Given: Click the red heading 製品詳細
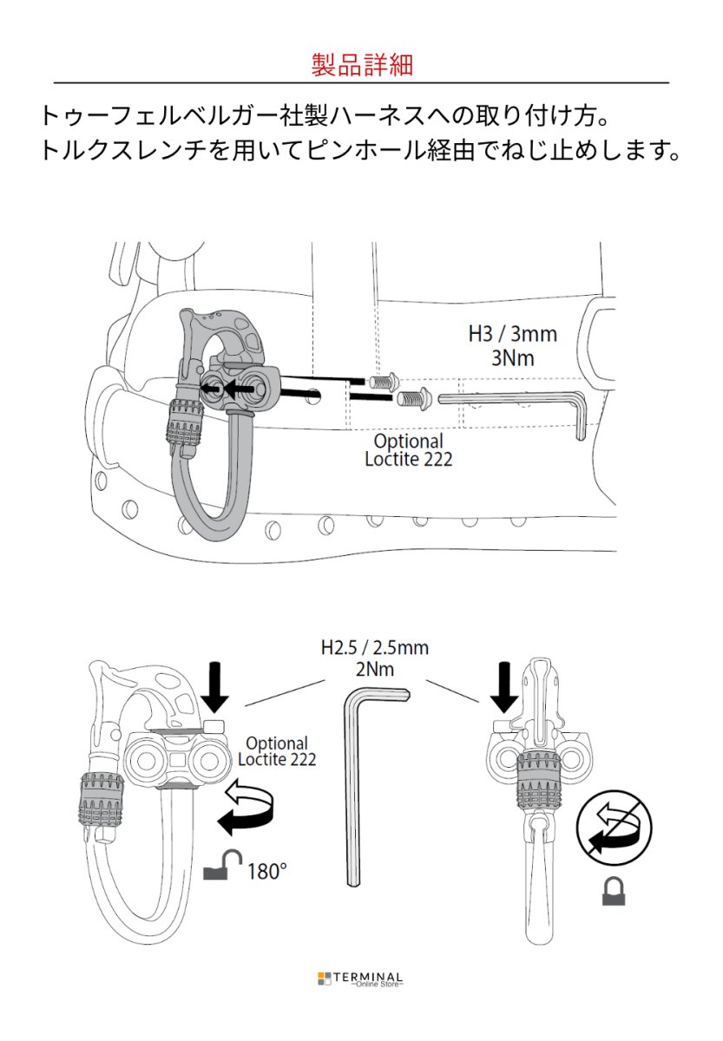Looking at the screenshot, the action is click(362, 64).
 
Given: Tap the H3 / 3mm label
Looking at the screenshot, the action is click(512, 334).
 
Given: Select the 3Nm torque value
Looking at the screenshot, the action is click(513, 358).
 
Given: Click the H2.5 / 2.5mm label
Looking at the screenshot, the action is click(375, 648).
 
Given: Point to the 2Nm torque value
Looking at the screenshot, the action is click(375, 670).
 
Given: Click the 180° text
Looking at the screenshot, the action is click(266, 871).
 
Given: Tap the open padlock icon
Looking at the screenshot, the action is click(223, 864).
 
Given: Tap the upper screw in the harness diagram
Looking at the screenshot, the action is click(382, 382).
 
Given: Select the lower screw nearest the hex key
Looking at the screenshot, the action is click(415, 397).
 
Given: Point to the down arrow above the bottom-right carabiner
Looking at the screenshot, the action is click(504, 687).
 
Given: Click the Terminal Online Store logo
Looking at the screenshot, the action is click(360, 979).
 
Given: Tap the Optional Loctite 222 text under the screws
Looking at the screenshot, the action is click(408, 450).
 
